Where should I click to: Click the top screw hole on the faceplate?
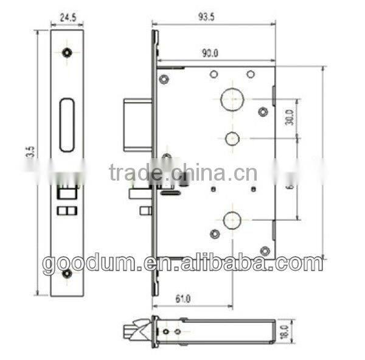67,52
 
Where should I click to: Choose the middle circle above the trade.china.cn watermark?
231,138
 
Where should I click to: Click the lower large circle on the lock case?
231,219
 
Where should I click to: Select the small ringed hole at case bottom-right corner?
263,250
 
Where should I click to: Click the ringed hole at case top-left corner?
164,78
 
